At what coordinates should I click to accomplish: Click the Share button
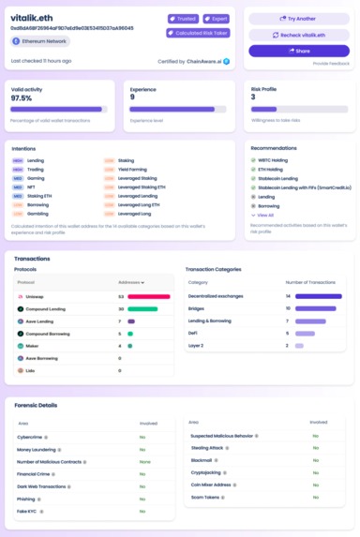298,51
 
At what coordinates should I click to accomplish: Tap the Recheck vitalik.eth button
298,35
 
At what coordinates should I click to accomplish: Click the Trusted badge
183,19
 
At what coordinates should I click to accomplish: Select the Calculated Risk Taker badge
197,33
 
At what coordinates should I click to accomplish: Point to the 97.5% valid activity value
21,97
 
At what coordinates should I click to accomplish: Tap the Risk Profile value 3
253,97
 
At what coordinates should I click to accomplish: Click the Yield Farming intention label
132,169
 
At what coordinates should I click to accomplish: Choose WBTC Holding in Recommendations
273,160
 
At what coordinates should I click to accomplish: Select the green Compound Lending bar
142,308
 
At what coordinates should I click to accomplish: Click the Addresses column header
130,282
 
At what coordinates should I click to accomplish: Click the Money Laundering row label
38,450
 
